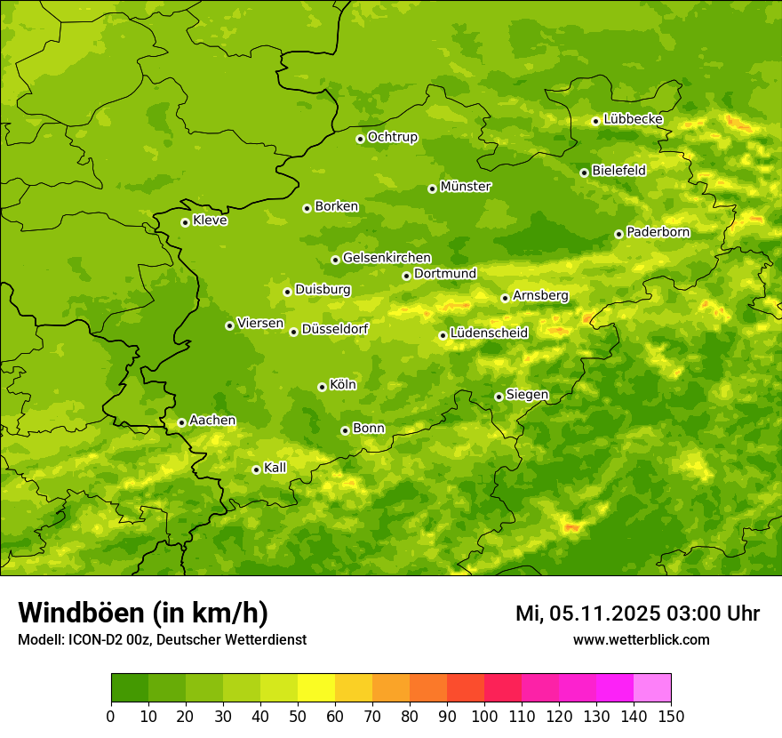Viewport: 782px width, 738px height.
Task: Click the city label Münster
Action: [x=466, y=187]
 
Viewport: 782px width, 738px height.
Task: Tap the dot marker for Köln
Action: [x=322, y=387]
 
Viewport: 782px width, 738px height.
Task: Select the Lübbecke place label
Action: [x=633, y=119]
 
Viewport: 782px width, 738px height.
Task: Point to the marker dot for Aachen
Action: [x=181, y=422]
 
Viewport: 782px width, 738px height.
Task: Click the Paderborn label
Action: [x=658, y=232]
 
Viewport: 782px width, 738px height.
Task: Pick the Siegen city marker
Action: [x=499, y=397]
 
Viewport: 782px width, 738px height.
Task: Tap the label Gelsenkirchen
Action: [x=387, y=258]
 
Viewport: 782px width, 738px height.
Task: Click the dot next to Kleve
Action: [x=185, y=222]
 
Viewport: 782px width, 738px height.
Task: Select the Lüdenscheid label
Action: [x=489, y=333]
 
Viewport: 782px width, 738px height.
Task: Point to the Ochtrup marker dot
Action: [x=360, y=139]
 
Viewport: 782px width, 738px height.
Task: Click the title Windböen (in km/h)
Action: [x=143, y=613]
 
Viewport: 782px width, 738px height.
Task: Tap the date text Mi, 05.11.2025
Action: [x=586, y=614]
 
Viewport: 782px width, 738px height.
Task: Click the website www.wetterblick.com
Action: [x=641, y=639]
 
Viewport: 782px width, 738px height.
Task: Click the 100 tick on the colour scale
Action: [x=484, y=715]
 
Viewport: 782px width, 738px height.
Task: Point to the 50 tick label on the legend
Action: [x=298, y=715]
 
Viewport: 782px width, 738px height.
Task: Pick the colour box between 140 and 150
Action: [x=652, y=688]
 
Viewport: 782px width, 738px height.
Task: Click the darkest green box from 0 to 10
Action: [x=130, y=688]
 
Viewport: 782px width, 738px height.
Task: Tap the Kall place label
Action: [x=275, y=468]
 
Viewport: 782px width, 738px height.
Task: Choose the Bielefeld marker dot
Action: [x=584, y=172]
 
